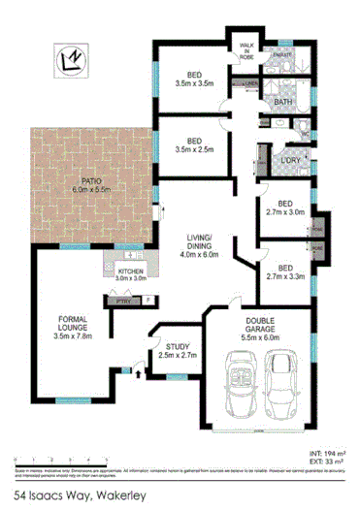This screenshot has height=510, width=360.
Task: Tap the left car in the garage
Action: (x=237, y=381)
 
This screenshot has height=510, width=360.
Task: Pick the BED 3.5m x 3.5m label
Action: (x=194, y=81)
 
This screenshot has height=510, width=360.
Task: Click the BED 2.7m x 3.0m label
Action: (x=285, y=206)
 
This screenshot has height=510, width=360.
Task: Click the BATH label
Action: (x=283, y=102)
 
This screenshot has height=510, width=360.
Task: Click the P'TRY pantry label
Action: (x=124, y=303)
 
